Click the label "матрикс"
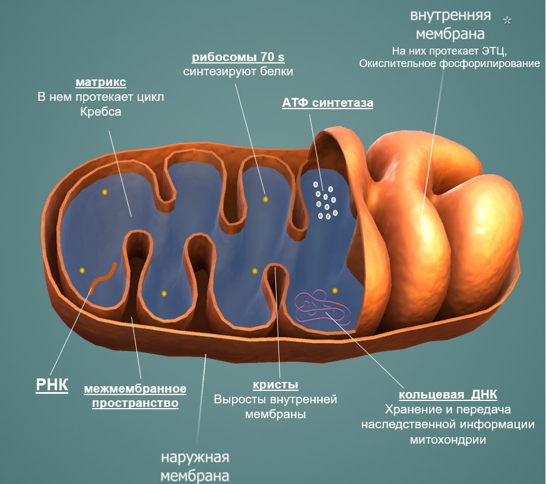[x=101, y=81]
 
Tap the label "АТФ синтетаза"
[x=328, y=103]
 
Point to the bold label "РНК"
[x=52, y=385]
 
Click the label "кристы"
[x=275, y=384]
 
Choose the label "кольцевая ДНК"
[x=447, y=394]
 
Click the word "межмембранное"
[x=135, y=389]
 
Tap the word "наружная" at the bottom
[x=195, y=458]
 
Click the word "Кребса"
[x=100, y=111]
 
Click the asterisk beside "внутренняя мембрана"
[x=507, y=21]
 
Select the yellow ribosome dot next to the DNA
[x=335, y=290]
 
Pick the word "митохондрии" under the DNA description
[x=447, y=440]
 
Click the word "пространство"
[x=135, y=403]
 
